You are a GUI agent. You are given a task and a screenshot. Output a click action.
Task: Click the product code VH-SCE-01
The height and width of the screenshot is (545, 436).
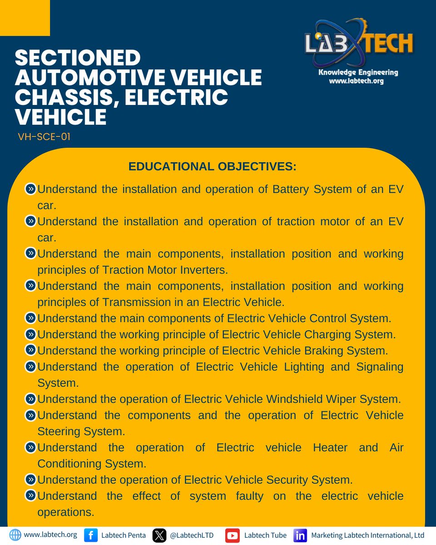pos(44,137)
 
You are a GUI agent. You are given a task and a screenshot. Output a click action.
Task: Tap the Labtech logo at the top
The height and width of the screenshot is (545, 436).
pos(358,44)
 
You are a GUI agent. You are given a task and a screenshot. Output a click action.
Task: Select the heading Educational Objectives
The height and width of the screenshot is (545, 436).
pos(212,166)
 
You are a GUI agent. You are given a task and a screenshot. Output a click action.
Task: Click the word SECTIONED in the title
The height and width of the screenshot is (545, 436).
pos(78,59)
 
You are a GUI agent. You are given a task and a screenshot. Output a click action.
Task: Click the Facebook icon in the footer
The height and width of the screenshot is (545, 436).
pos(91,535)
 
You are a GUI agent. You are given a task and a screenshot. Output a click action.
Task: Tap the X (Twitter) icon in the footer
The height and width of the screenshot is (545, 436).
pos(159,535)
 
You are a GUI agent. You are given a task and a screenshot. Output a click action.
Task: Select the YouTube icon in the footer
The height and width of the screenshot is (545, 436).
pos(233,535)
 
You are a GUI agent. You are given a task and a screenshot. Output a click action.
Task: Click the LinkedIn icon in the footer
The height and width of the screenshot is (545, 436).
pos(300,535)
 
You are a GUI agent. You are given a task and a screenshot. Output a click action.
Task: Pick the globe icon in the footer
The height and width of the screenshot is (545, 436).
pos(15,535)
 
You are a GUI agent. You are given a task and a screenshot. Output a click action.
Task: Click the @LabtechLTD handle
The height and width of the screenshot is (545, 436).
pos(191,535)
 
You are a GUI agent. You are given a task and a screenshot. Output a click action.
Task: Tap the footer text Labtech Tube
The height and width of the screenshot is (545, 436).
pos(265,535)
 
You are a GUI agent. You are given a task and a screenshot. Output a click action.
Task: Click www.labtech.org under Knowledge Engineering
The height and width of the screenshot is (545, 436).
pos(357,81)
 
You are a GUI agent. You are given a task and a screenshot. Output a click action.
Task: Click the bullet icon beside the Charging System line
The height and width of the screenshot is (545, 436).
pos(30,334)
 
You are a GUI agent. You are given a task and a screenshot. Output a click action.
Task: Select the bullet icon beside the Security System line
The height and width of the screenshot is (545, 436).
pos(30,479)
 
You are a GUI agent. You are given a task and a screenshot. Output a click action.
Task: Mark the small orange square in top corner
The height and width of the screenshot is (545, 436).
pos(25,18)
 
